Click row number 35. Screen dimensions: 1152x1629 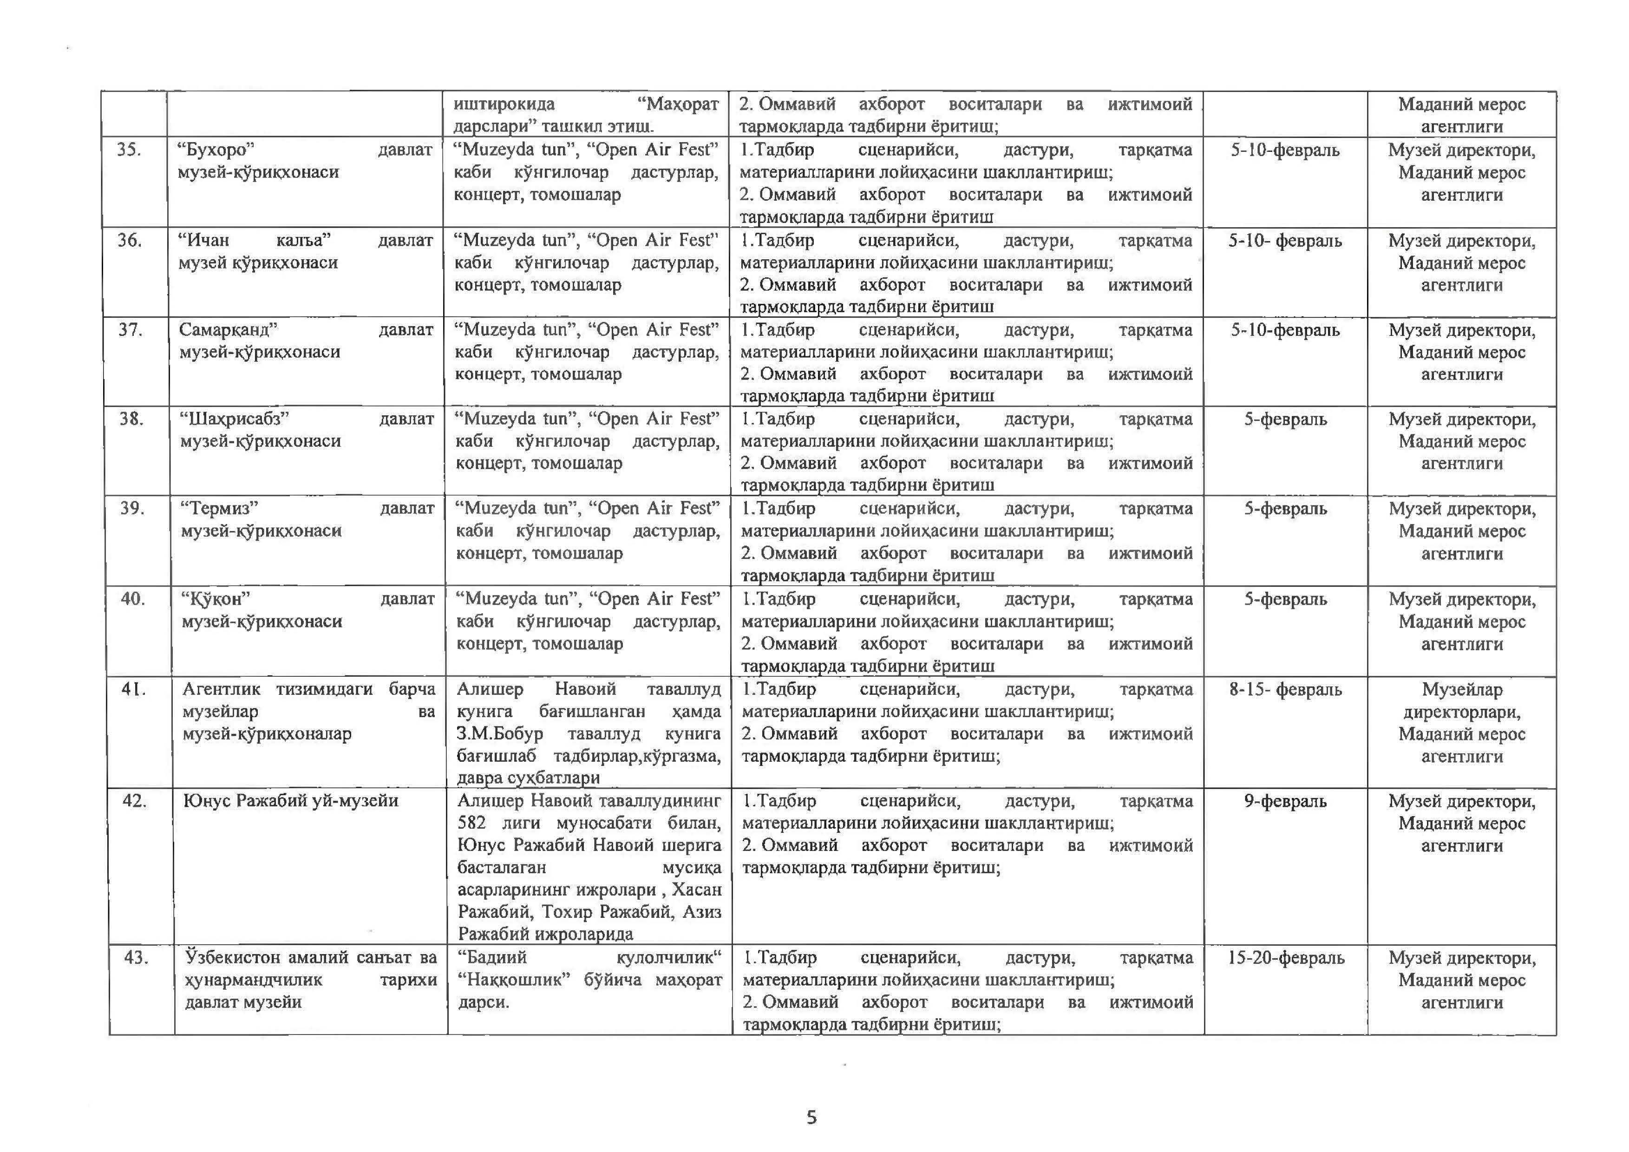[x=129, y=150]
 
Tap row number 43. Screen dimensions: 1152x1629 [x=136, y=958]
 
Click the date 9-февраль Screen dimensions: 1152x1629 [x=1285, y=801]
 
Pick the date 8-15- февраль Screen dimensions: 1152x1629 [x=1285, y=689]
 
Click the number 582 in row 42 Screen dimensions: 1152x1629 [x=472, y=823]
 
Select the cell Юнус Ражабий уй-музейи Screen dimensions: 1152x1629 [x=291, y=801]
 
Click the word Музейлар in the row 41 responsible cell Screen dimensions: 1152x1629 [x=1462, y=689]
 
